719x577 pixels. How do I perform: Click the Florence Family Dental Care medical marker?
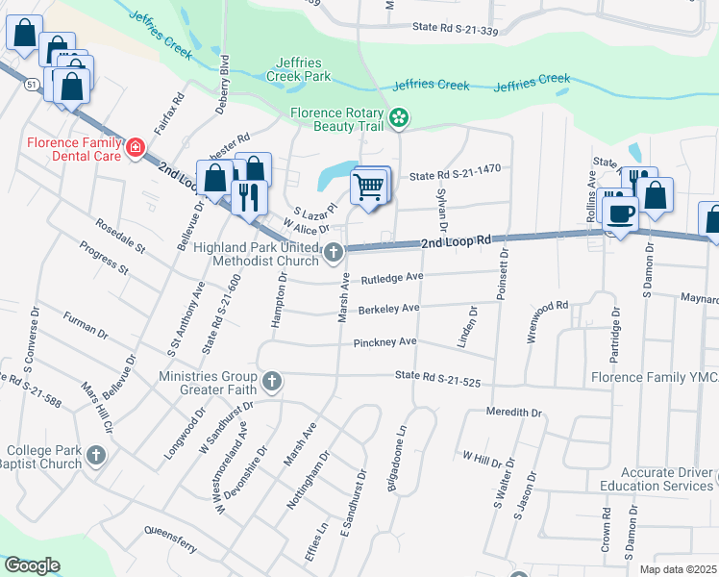[x=136, y=148]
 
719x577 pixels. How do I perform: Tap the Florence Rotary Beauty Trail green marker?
[x=399, y=118]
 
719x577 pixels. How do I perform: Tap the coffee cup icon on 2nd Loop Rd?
[x=619, y=213]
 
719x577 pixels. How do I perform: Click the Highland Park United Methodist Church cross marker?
[x=333, y=253]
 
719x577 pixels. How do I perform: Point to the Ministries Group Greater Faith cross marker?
[x=272, y=382]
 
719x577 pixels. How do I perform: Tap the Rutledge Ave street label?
[x=391, y=279]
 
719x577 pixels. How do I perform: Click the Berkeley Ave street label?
[x=388, y=310]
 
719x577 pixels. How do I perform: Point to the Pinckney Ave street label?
[x=384, y=342]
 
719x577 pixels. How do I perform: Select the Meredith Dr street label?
[x=514, y=412]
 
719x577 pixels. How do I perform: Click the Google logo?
[x=32, y=565]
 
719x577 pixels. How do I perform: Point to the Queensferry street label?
[x=170, y=529]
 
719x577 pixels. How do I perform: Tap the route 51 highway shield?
[x=32, y=85]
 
